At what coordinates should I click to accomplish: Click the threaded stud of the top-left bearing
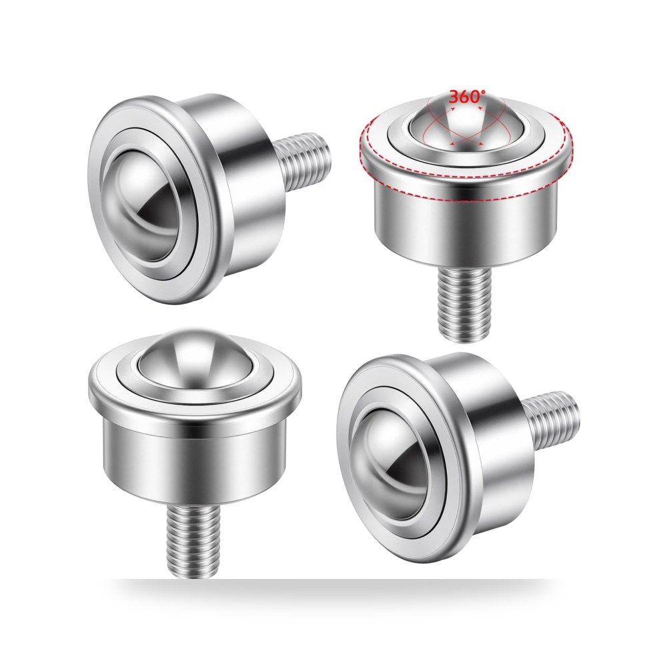(x=302, y=161)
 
